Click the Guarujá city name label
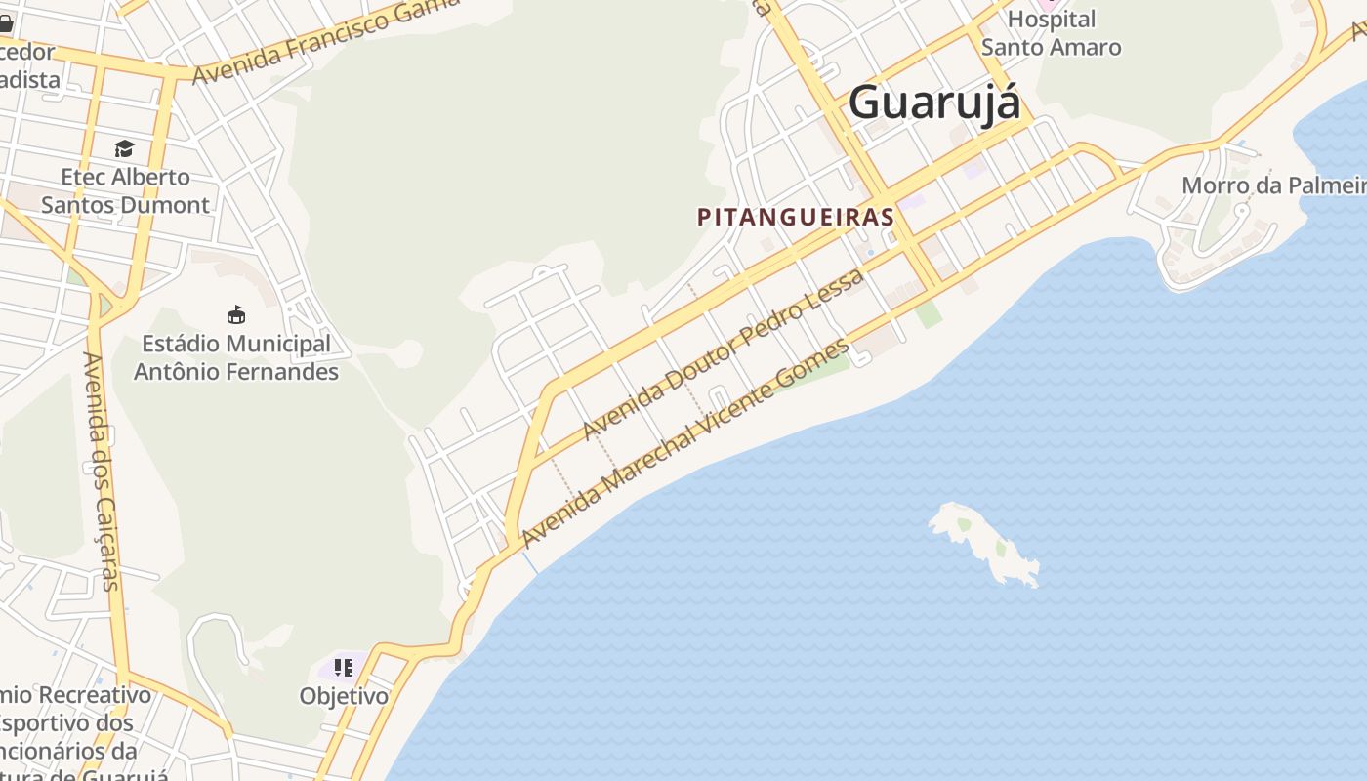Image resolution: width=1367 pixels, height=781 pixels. click(x=934, y=103)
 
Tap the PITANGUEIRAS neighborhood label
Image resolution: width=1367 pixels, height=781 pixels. click(x=796, y=217)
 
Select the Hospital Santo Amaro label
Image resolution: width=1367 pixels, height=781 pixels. click(x=1051, y=33)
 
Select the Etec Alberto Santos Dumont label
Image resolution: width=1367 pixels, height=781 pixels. click(x=125, y=191)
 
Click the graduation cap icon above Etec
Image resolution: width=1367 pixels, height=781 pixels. click(x=124, y=148)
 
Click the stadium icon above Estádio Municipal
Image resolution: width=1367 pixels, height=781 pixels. click(x=235, y=314)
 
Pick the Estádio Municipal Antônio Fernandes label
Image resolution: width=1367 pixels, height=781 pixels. click(x=235, y=357)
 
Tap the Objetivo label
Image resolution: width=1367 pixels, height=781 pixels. click(x=344, y=696)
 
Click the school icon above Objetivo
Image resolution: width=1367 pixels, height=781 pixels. click(x=343, y=668)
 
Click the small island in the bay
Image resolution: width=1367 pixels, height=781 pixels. click(x=982, y=542)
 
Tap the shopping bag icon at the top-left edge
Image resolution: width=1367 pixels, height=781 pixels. click(x=5, y=21)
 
